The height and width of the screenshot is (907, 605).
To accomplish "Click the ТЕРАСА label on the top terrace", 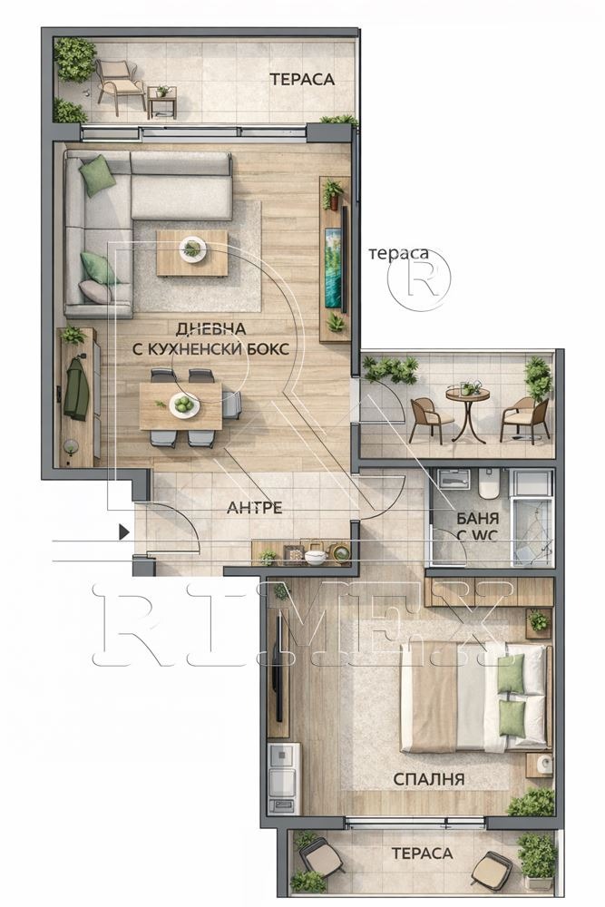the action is (302, 79).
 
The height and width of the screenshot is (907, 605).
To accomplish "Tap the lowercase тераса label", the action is (398, 253).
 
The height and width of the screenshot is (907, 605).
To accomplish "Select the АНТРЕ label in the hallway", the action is (255, 508).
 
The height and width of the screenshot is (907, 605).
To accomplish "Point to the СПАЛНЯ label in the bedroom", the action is (429, 778).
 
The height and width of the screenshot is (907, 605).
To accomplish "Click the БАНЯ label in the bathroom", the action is (478, 518).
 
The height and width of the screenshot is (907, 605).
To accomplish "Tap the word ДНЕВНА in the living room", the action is (210, 328).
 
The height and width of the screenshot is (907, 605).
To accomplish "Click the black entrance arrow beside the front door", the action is (123, 532).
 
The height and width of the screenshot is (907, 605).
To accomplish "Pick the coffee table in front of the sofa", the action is (191, 253).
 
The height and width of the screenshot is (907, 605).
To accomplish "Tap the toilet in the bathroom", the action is (489, 484).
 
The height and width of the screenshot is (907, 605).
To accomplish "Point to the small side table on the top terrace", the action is (162, 101).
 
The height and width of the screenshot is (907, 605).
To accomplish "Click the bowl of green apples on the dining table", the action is (185, 404).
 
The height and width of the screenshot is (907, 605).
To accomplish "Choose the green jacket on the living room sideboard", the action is (76, 386).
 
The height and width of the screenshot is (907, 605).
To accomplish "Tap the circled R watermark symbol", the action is (419, 280).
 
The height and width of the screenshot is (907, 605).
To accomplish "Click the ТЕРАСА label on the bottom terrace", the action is (422, 853).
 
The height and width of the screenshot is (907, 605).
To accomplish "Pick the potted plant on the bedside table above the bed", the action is (538, 621).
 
